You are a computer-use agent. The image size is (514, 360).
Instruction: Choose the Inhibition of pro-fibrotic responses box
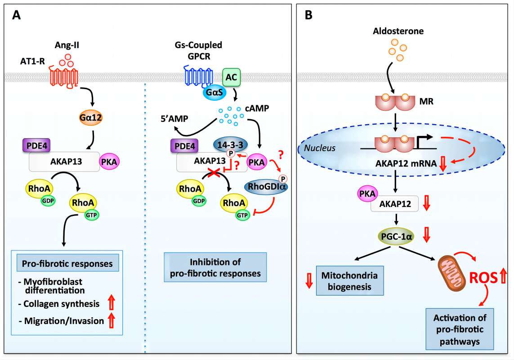(x=215, y=267)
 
